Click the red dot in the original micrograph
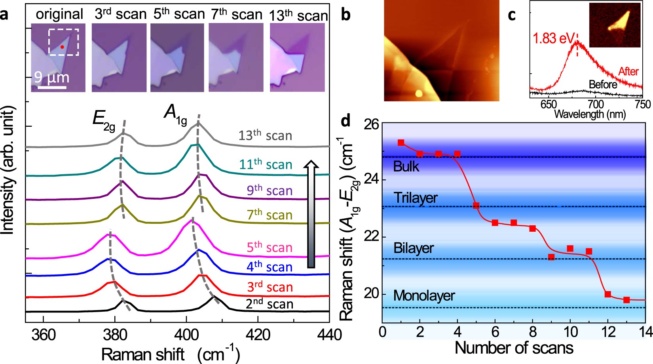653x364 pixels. pyautogui.click(x=62, y=47)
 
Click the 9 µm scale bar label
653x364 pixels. pyautogui.click(x=51, y=77)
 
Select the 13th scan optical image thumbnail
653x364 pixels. pyautogui.click(x=297, y=57)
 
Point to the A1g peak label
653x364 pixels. pyautogui.click(x=175, y=114)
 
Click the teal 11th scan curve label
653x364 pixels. pyautogui.click(x=266, y=164)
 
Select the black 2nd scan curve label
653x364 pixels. pyautogui.click(x=270, y=304)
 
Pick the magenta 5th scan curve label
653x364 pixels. pyautogui.click(x=270, y=248)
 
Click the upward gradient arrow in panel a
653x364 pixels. pyautogui.click(x=311, y=214)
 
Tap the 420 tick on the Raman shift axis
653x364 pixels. pyautogui.click(x=258, y=335)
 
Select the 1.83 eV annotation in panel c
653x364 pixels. pyautogui.click(x=553, y=38)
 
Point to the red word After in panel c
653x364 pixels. pyautogui.click(x=628, y=72)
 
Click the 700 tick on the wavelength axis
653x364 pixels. pyautogui.click(x=596, y=105)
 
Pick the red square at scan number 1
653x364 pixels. pyautogui.click(x=401, y=143)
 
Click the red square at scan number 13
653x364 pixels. pyautogui.click(x=626, y=300)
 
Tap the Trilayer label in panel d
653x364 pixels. pyautogui.click(x=416, y=198)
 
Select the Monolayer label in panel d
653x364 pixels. pyautogui.click(x=424, y=295)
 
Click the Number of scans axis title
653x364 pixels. pyautogui.click(x=514, y=348)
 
